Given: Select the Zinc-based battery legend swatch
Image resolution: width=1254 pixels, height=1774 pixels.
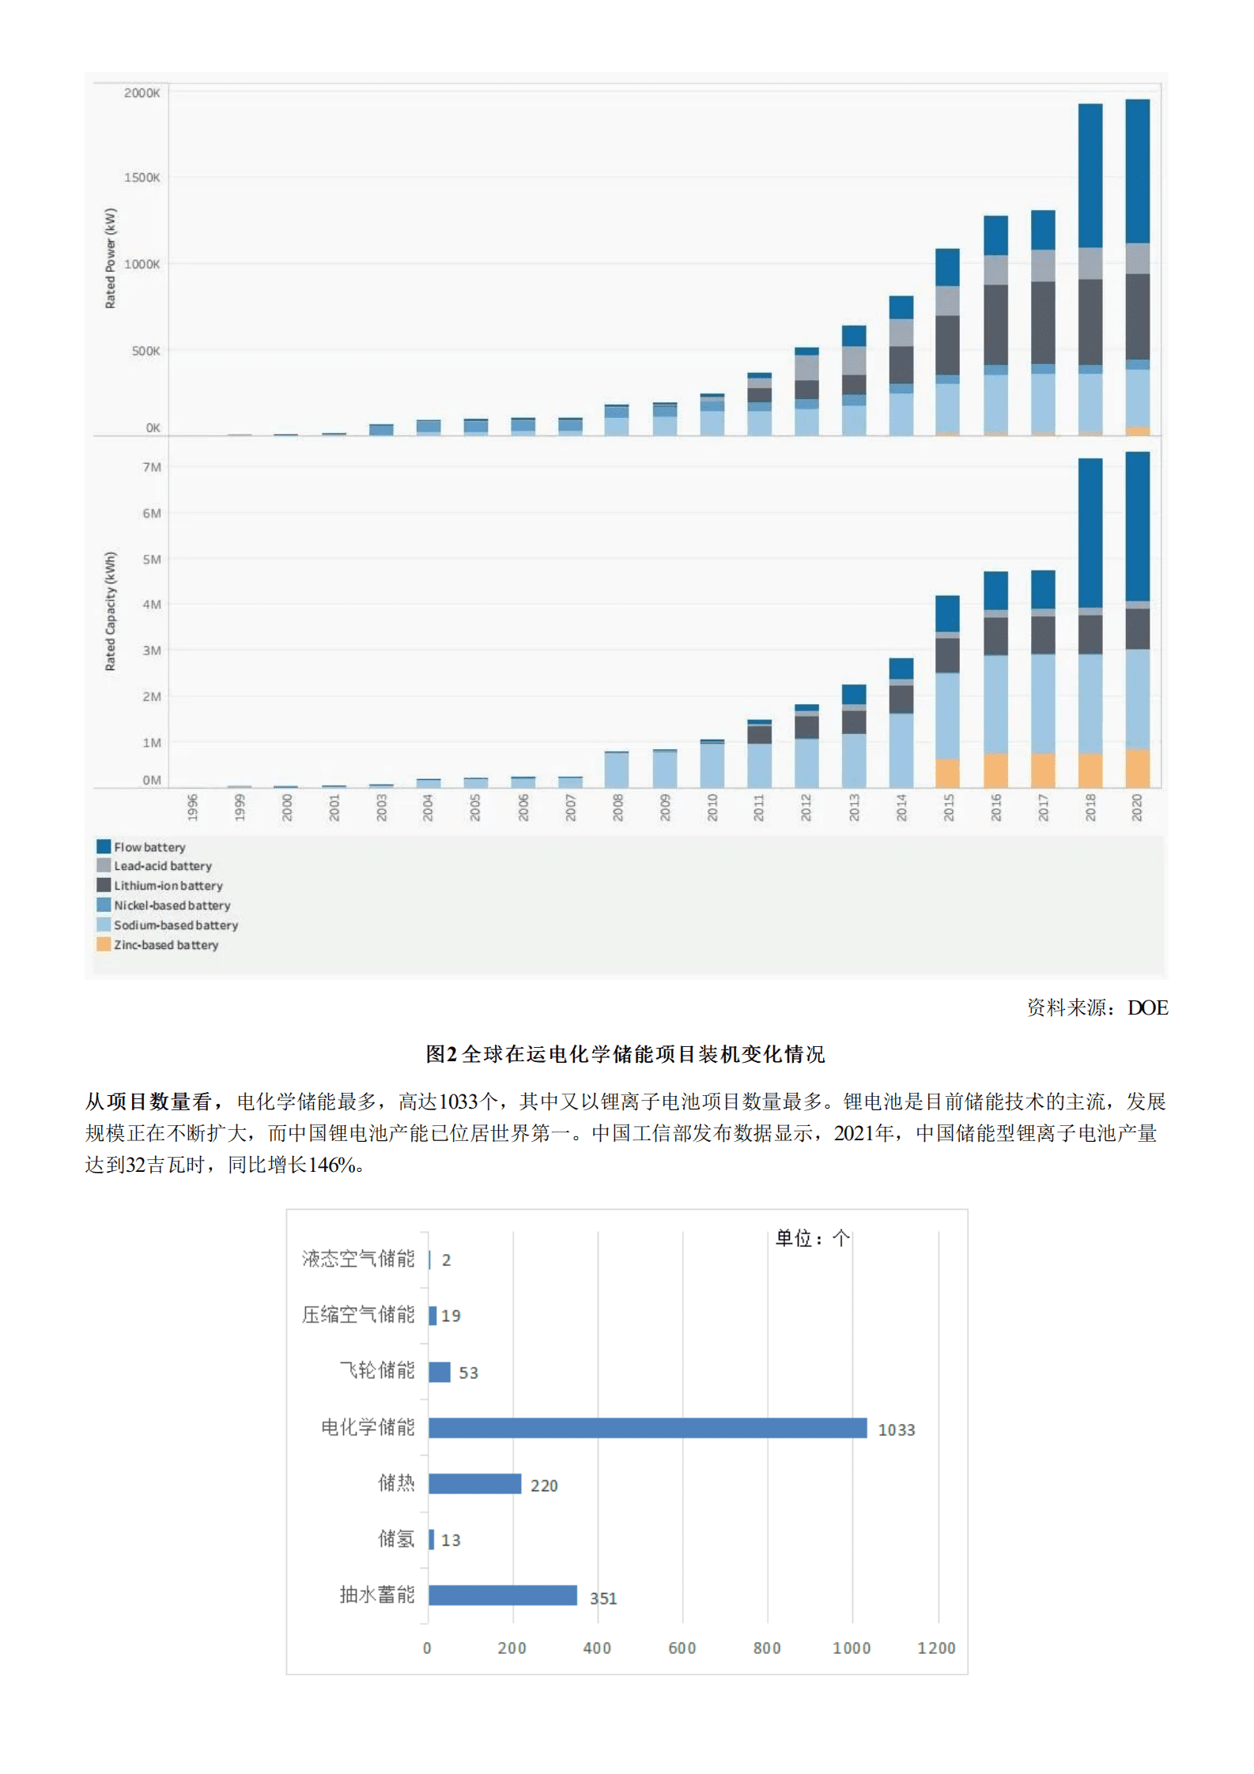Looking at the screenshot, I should click(104, 944).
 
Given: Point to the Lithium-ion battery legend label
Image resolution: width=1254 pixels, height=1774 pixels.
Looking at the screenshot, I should click(168, 886).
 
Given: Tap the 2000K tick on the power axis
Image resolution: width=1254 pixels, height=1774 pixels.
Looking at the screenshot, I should click(142, 93).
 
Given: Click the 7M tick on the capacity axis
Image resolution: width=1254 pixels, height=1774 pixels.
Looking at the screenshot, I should click(151, 467).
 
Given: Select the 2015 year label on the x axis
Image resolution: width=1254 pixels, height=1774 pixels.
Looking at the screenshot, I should click(948, 808).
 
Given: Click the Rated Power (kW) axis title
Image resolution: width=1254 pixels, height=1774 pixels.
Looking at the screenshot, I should click(111, 258).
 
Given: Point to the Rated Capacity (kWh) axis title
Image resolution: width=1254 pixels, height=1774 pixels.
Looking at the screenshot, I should click(111, 611).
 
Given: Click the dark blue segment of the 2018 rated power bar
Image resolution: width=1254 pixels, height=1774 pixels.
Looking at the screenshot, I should click(1090, 175).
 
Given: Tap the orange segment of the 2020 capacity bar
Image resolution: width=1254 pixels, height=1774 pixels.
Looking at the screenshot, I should click(1137, 767).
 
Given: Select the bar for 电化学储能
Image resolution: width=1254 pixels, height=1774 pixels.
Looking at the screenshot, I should click(647, 1428).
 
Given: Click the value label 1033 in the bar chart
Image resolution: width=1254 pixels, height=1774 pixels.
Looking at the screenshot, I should click(896, 1429).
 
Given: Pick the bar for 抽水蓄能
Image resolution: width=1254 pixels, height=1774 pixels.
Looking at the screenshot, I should click(502, 1595).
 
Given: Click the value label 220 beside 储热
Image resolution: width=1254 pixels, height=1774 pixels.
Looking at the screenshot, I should click(544, 1486).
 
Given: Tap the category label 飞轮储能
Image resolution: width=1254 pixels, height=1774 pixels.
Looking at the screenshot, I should click(376, 1370).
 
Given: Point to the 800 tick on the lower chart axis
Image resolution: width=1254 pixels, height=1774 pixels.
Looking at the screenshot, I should click(766, 1648).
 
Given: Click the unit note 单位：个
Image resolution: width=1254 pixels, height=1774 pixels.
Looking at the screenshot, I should click(812, 1238).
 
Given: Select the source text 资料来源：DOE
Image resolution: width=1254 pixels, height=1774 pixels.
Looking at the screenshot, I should click(1097, 1008).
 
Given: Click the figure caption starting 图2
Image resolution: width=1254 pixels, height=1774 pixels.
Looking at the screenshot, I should click(625, 1054).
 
